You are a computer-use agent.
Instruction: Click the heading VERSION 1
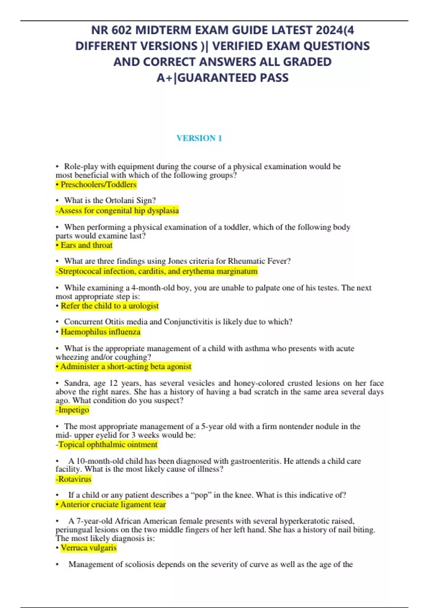coord(199,138)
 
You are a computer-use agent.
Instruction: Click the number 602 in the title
coord(121,30)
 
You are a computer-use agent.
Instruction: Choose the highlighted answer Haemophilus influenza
coord(100,332)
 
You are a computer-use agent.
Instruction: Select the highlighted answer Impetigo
coord(73,410)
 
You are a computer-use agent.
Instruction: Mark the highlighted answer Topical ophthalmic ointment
coord(107,445)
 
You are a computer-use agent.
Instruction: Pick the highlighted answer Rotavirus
coord(74,479)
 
